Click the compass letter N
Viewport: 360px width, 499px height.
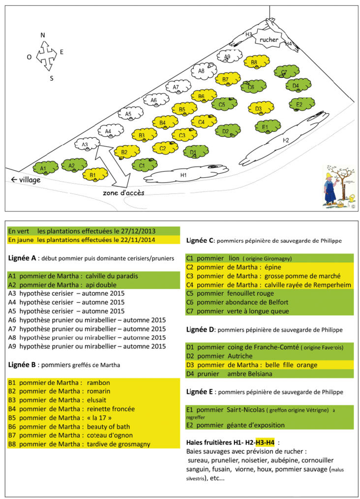point(43,35)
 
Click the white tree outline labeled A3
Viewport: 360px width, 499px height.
point(86,144)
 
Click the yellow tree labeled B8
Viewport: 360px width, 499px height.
point(256,62)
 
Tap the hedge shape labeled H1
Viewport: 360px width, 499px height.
point(183,174)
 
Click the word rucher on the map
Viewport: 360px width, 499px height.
point(269,39)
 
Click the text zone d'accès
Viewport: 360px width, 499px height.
point(123,192)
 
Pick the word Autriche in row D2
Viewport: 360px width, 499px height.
point(240,355)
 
